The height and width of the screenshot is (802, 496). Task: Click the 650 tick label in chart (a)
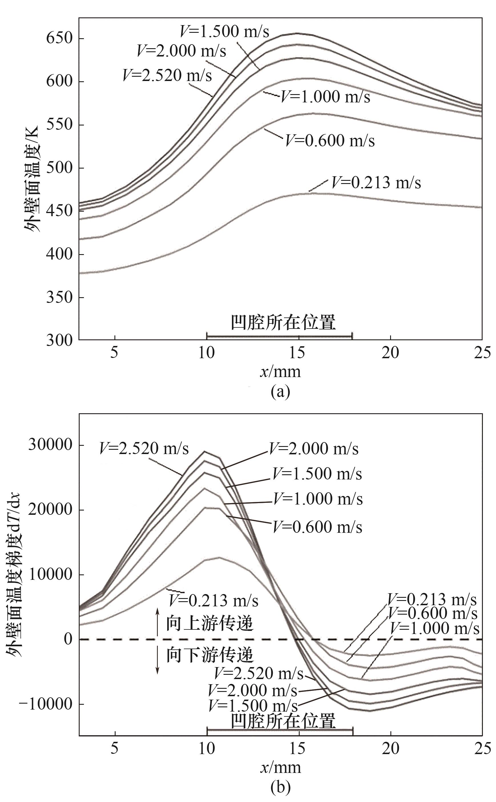[x=59, y=38]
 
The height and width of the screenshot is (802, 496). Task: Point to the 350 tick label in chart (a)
[x=59, y=297]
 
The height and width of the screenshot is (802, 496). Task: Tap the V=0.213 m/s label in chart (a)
[x=376, y=183]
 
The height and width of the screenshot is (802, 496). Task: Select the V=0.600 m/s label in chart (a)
[x=330, y=141]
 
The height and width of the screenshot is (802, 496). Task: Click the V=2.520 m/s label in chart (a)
[x=167, y=75]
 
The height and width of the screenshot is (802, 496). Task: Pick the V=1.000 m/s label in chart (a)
[x=325, y=97]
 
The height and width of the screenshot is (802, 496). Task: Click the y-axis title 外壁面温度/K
[x=31, y=179]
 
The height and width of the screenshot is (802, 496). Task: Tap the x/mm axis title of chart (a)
[x=281, y=372]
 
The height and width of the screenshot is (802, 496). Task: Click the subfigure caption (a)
[x=281, y=392]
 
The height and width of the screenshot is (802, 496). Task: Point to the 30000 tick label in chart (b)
[x=50, y=445]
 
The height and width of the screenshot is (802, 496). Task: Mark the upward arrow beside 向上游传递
[x=158, y=622]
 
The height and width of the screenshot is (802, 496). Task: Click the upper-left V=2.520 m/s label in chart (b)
[x=144, y=448]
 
